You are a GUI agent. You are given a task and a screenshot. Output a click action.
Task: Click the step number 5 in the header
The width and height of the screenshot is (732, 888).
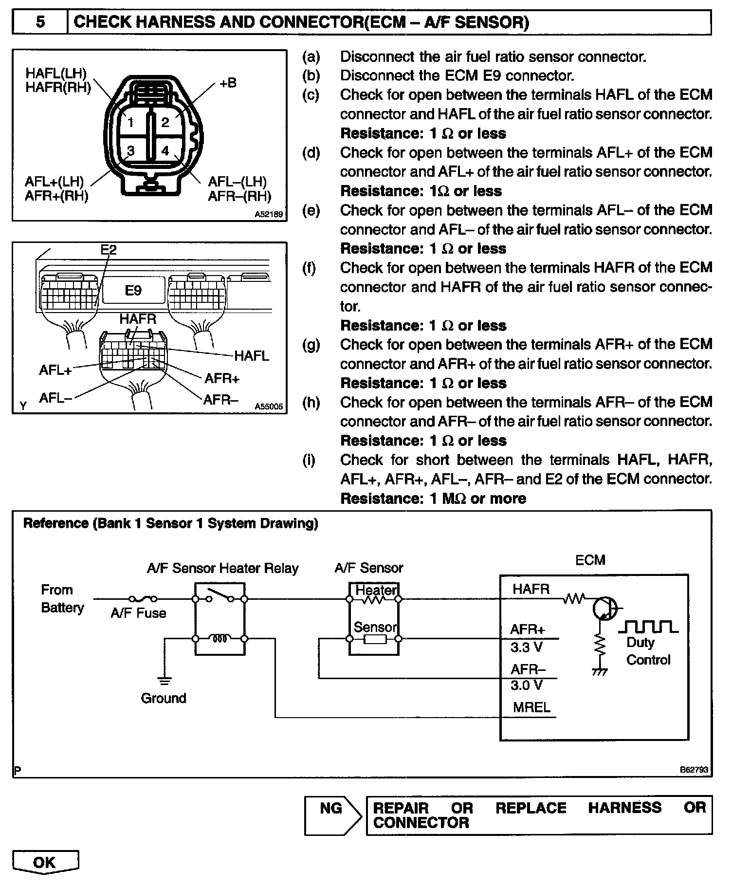click(40, 22)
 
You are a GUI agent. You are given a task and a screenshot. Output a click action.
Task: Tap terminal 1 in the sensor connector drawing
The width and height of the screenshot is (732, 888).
click(130, 123)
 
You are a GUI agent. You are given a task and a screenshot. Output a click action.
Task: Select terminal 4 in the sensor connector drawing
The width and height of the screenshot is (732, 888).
click(165, 151)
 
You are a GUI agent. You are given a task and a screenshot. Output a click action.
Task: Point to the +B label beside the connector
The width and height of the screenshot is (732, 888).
click(227, 83)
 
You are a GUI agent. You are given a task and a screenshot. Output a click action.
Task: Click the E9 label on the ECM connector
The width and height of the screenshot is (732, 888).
click(133, 291)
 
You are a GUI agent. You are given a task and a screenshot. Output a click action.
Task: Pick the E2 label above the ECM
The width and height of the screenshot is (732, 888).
click(109, 250)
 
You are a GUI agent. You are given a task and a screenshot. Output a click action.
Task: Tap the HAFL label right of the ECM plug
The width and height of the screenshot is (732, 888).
click(251, 356)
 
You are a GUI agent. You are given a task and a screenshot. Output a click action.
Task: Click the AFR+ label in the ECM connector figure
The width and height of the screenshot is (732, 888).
click(222, 379)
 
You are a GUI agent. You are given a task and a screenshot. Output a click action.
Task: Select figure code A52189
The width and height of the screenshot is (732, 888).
click(268, 214)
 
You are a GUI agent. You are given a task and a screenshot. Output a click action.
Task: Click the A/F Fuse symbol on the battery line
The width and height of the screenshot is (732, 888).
click(142, 599)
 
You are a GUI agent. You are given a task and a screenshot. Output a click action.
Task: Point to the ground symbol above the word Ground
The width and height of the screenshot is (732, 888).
click(165, 680)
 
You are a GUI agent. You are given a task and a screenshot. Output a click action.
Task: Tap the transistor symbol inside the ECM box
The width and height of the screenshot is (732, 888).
click(604, 609)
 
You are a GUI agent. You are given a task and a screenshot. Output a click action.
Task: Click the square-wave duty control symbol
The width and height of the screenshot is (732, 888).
click(648, 627)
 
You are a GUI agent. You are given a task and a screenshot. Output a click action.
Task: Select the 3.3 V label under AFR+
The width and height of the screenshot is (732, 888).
click(526, 647)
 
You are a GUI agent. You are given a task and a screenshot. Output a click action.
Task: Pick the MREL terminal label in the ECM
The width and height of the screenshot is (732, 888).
click(531, 707)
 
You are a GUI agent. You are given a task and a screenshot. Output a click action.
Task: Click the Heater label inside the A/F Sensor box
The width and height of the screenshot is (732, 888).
click(376, 590)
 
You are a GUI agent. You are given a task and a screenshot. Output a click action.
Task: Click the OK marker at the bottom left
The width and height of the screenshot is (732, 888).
click(45, 863)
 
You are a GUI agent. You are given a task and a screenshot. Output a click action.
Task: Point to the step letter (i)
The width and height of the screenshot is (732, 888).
click(309, 460)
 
